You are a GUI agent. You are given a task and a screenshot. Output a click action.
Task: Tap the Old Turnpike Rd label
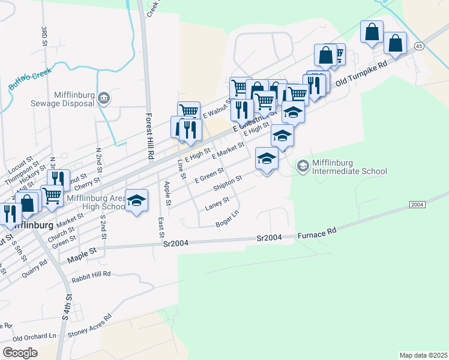coord(367,75)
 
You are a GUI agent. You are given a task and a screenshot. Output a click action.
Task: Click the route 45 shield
coord(418,46)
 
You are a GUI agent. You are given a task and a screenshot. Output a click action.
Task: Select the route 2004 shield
coord(418,205)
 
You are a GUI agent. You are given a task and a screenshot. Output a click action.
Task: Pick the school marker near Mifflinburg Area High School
coord(136,200)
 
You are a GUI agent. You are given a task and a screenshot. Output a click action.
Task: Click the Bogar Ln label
coord(227,223)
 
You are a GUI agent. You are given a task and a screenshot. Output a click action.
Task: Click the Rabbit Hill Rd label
coord(91,274)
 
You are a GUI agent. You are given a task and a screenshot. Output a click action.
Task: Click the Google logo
coord(20,352)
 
